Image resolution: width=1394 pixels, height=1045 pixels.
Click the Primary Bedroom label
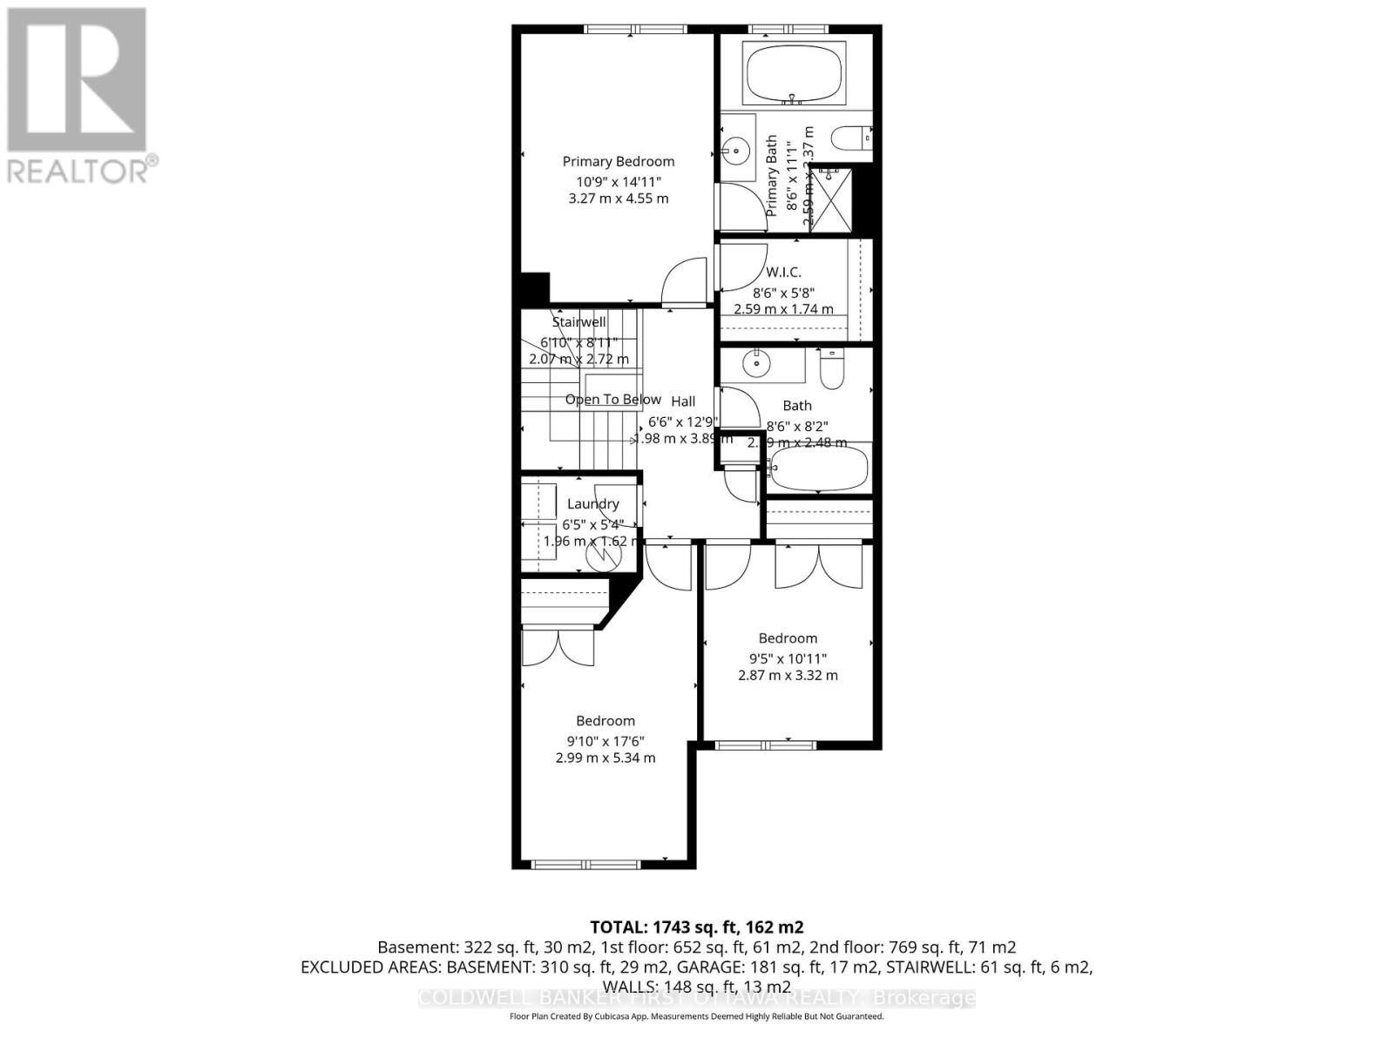point(618,161)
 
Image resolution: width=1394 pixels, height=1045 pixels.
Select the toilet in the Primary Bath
point(850,138)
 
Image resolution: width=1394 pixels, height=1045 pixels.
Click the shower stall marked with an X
point(830,199)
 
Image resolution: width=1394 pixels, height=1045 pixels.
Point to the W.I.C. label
point(783,273)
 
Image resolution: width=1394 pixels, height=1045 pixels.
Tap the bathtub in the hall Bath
point(820,468)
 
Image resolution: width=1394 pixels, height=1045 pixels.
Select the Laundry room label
point(592,503)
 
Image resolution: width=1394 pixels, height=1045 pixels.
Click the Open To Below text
point(612,400)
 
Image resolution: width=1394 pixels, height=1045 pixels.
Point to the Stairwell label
point(579,322)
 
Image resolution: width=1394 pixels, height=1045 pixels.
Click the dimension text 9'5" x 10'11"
point(788,658)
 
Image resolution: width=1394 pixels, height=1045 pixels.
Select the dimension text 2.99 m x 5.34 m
point(606,758)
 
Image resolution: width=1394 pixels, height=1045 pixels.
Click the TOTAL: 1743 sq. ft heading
point(696,927)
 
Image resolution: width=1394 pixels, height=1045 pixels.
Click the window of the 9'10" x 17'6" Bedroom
point(586,864)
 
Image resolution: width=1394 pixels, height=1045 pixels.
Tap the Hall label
point(683,401)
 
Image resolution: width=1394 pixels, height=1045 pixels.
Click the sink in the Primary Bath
point(736,151)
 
